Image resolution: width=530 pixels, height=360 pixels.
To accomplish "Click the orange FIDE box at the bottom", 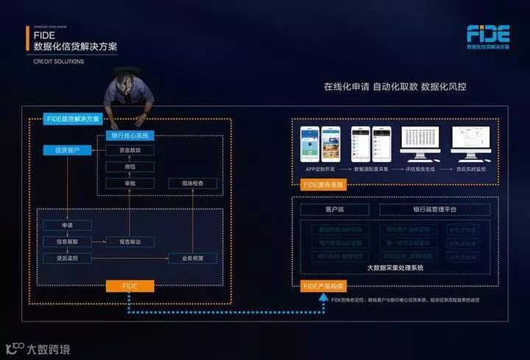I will [x=130, y=286].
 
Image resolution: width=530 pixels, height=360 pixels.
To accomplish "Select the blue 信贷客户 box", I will [x=67, y=150].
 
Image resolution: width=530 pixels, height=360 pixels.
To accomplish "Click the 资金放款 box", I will [x=130, y=150].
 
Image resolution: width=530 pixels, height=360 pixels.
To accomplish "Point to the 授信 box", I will [x=130, y=166].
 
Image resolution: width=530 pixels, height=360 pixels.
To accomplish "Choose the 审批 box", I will [x=130, y=183].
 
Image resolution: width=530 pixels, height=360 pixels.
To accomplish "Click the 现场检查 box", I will [x=192, y=183].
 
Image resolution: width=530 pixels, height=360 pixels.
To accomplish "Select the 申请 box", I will [x=67, y=225].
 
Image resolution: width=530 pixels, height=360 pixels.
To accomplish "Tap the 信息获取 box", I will [x=67, y=241].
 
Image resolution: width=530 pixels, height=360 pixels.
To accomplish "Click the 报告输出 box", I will [x=130, y=241].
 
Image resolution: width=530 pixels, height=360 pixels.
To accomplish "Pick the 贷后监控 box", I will [x=67, y=258].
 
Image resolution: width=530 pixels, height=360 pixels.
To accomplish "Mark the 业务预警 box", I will [x=192, y=258].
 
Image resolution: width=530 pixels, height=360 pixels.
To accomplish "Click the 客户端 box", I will [x=334, y=210].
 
